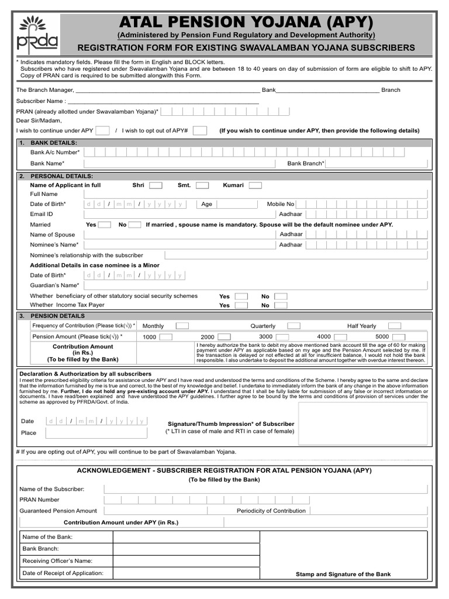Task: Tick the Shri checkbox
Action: point(156,185)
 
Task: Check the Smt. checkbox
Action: point(202,185)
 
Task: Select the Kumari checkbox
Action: point(255,185)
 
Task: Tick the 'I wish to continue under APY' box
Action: point(102,130)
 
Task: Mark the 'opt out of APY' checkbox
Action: point(199,130)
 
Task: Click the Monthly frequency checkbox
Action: point(182,326)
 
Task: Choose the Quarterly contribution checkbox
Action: point(293,326)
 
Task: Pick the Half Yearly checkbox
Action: point(395,326)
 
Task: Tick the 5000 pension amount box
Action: point(399,337)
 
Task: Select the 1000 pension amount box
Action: point(166,337)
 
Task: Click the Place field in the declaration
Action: point(96,433)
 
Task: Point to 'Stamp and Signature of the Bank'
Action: point(343,574)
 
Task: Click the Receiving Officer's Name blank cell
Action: point(186,561)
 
